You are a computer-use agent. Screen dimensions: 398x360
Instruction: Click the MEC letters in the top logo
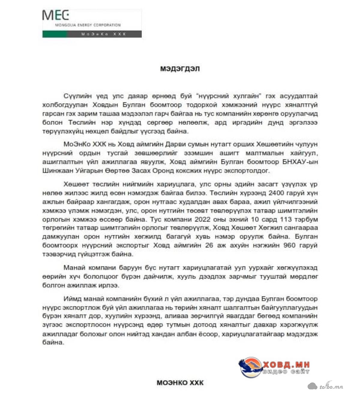pyautogui.click(x=55, y=15)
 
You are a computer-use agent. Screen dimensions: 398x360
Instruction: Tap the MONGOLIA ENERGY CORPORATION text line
pyautogui.click(x=88, y=25)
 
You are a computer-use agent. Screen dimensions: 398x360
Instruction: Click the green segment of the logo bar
pyautogui.click(x=55, y=34)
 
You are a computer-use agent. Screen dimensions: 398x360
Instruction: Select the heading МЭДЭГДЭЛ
pyautogui.click(x=180, y=69)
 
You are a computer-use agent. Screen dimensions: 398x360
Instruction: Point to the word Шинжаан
pyautogui.click(x=55, y=171)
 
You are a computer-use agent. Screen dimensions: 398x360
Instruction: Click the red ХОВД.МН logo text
pyautogui.click(x=286, y=365)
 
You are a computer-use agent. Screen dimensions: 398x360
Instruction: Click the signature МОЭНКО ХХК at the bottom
pyautogui.click(x=180, y=383)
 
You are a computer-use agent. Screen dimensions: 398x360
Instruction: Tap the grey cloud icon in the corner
pyautogui.click(x=312, y=386)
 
